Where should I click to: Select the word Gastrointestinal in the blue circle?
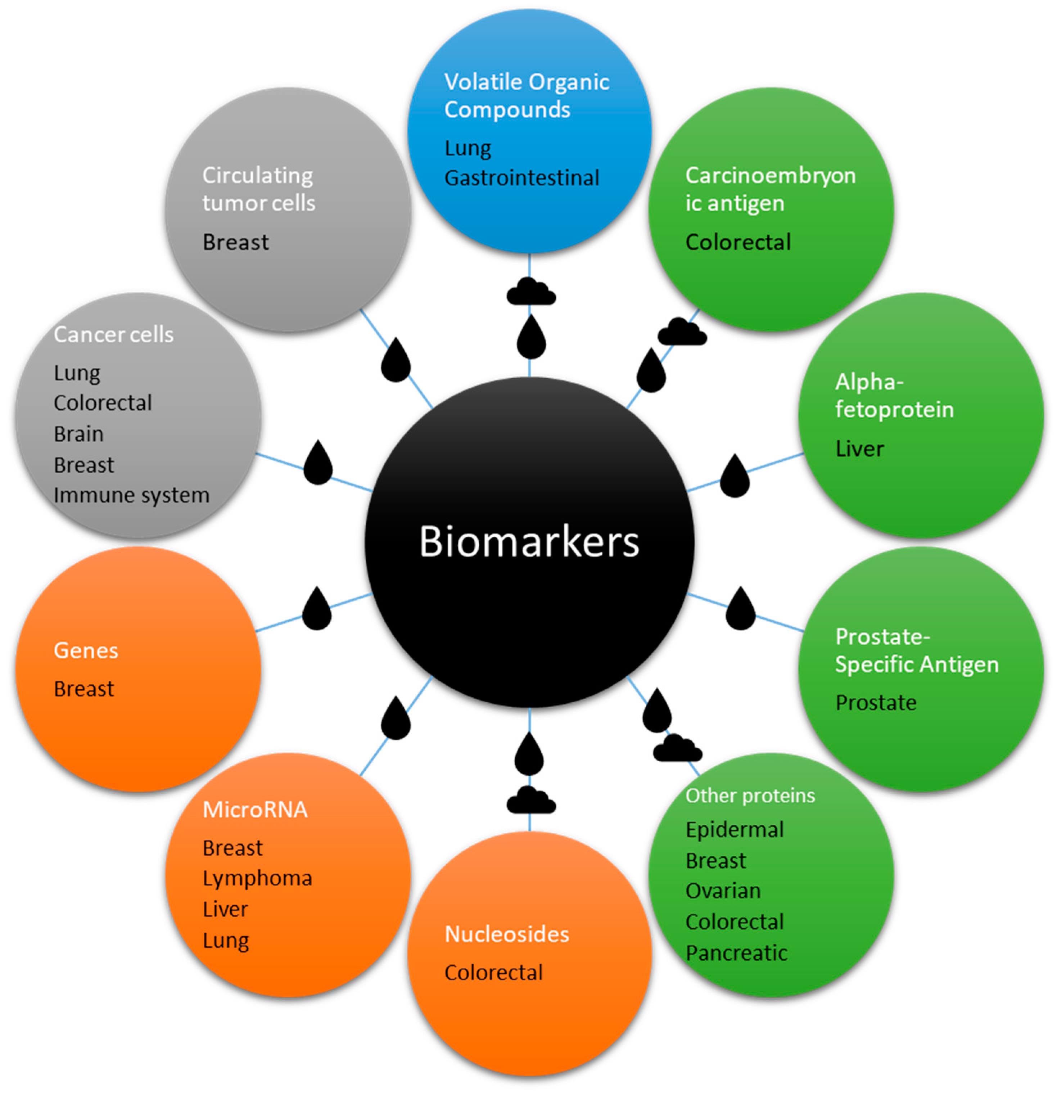tap(521, 178)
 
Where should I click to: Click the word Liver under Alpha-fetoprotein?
tap(859, 449)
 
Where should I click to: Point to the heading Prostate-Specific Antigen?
tap(916, 650)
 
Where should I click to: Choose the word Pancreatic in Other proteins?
tap(736, 953)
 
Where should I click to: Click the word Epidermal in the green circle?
tap(734, 830)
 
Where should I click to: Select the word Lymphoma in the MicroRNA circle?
tap(257, 878)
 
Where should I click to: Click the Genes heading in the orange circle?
tap(86, 650)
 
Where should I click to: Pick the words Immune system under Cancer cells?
tap(131, 495)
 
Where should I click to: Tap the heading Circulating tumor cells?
tap(258, 189)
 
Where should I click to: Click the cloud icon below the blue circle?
tap(531, 291)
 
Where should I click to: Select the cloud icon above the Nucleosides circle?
tap(531, 800)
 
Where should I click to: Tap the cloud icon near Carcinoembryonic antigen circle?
tap(682, 332)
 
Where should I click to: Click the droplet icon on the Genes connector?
tap(317, 609)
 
